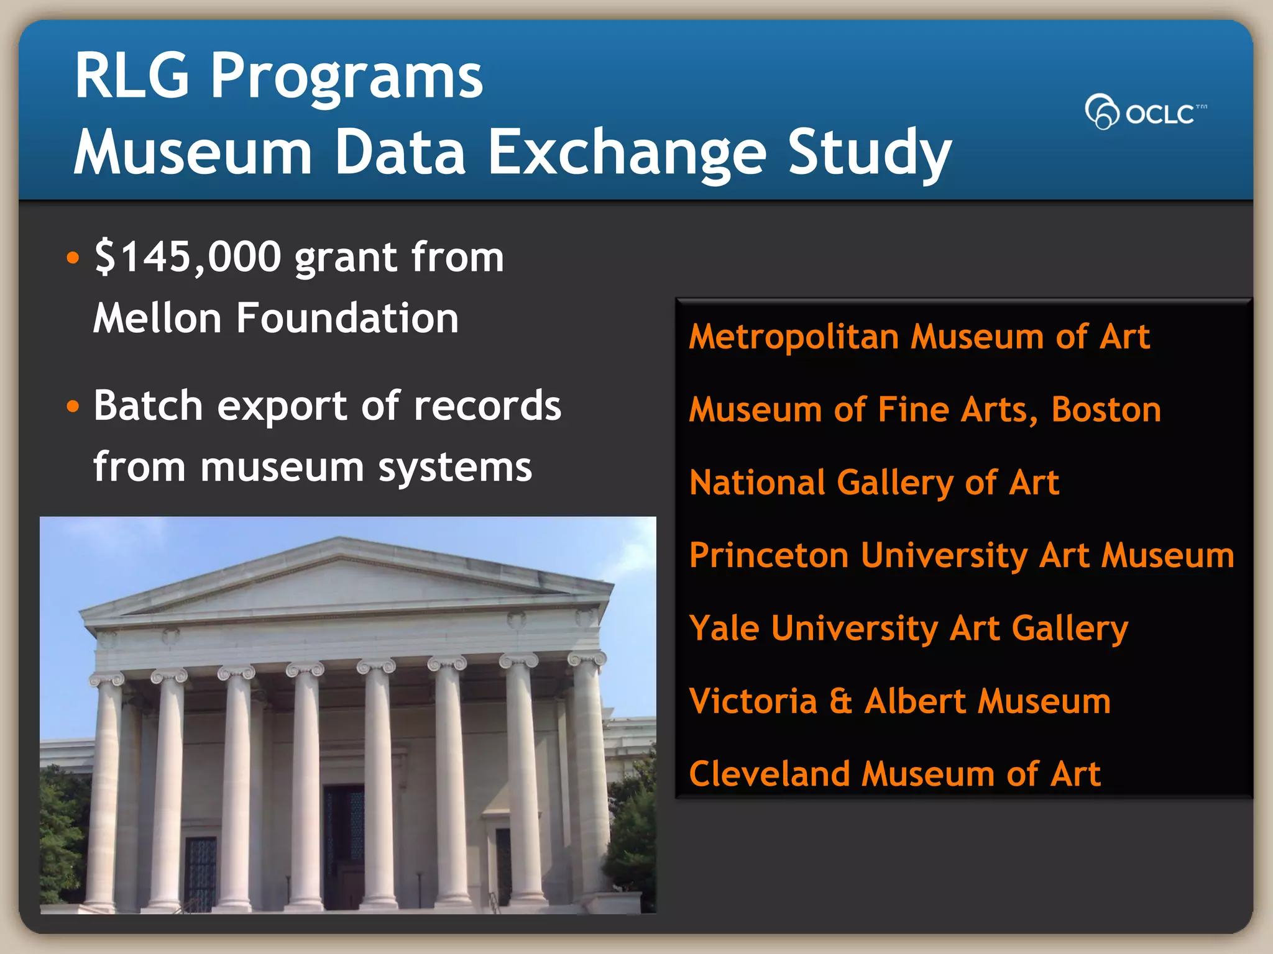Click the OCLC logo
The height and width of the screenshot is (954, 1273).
(1145, 112)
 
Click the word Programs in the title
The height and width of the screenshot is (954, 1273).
(346, 76)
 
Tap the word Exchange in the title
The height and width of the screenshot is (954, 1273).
(627, 153)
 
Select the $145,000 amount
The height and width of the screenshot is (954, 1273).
(188, 257)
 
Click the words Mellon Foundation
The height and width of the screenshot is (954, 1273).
(276, 318)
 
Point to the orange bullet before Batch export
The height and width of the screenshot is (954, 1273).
(73, 407)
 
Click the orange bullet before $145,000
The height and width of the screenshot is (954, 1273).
(73, 258)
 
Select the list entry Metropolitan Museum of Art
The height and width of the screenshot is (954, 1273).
(919, 337)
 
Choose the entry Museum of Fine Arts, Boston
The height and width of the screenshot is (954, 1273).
(924, 410)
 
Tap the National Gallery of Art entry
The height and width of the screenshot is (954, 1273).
(874, 483)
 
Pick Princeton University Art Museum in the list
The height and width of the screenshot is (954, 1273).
(961, 555)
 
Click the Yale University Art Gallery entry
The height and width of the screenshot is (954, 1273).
(908, 629)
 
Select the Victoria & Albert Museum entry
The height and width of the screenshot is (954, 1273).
(899, 701)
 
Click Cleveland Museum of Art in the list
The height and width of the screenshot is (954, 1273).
(894, 774)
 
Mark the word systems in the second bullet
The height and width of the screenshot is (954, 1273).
(455, 468)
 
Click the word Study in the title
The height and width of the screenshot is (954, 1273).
(869, 153)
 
